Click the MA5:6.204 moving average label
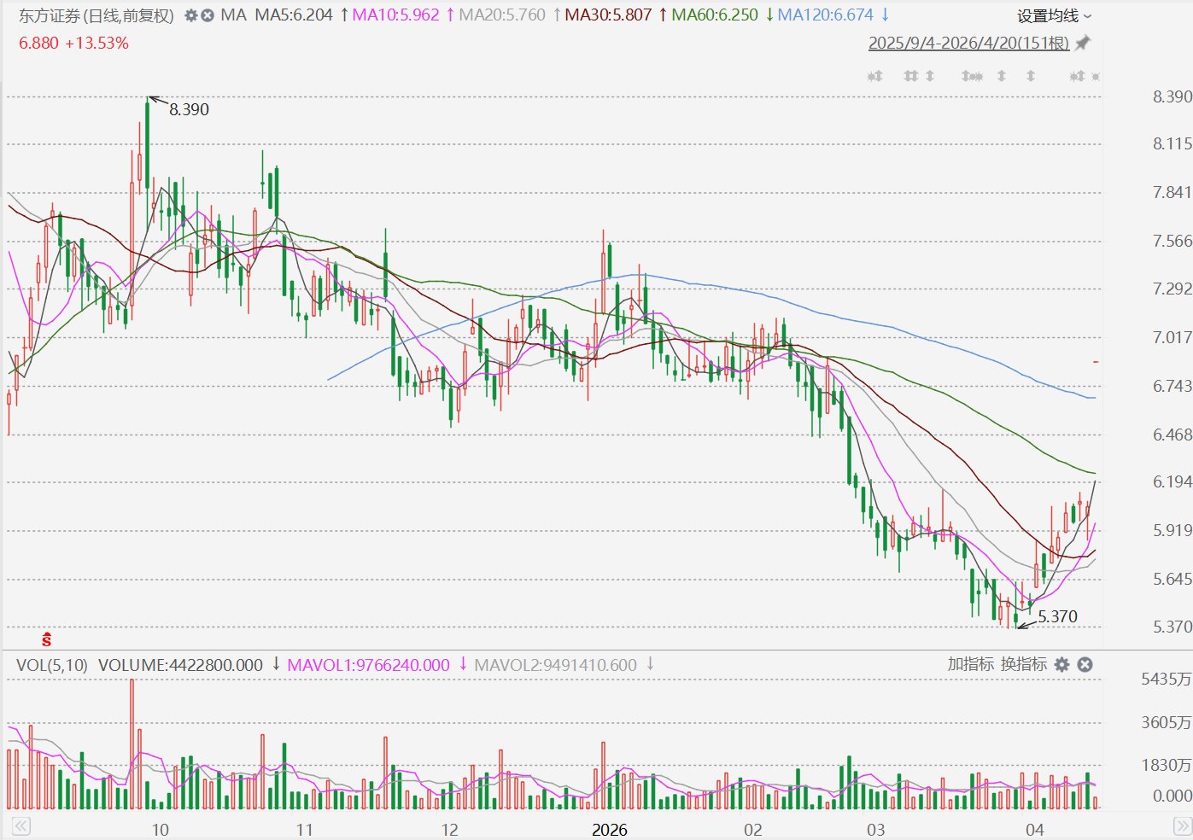(x=294, y=15)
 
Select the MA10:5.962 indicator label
(x=395, y=15)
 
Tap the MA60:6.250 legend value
(x=714, y=15)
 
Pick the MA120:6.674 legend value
(x=825, y=15)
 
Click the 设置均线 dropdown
(x=1054, y=16)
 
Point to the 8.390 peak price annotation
(x=189, y=109)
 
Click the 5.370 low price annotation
(x=1057, y=616)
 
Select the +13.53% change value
(x=97, y=44)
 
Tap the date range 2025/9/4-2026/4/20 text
(x=968, y=44)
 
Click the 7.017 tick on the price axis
(x=1172, y=337)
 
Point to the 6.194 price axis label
(x=1172, y=481)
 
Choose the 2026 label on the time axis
(x=609, y=830)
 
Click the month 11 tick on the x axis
(x=303, y=830)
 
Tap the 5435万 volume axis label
(x=1166, y=679)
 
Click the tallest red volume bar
(x=132, y=744)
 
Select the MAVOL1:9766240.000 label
(x=368, y=665)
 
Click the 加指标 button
(x=970, y=664)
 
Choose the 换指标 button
(x=1024, y=664)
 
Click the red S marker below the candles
(x=47, y=639)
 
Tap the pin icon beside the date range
(x=1082, y=43)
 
